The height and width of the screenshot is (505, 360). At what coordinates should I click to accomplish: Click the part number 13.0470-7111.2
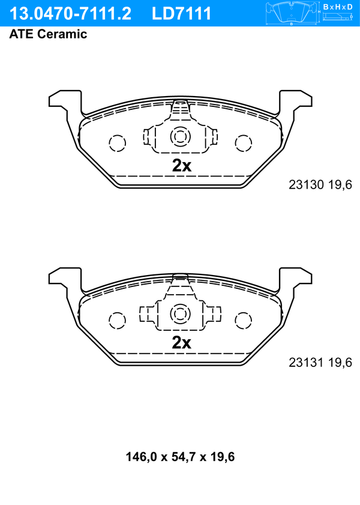(70, 14)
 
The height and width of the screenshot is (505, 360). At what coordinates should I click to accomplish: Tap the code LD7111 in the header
(181, 14)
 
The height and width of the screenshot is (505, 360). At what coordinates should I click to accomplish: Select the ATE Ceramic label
(48, 34)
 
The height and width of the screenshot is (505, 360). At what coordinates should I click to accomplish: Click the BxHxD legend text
(338, 7)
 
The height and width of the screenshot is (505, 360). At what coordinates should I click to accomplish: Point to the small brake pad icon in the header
(292, 13)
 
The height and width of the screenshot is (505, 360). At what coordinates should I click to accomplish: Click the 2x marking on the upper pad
(182, 166)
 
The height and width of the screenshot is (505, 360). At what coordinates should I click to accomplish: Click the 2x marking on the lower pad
(181, 343)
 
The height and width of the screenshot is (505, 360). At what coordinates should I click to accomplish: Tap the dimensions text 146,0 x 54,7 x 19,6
(180, 457)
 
